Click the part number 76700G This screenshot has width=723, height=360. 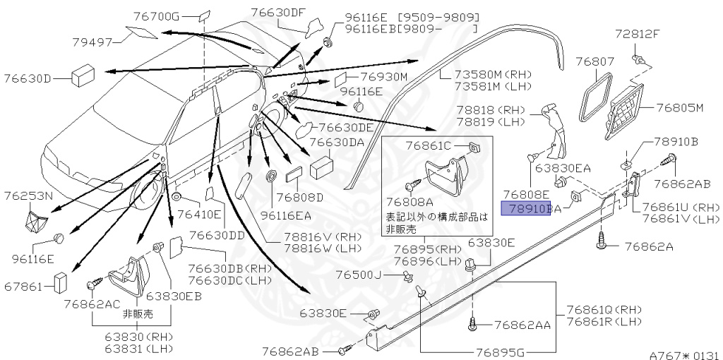click(156, 16)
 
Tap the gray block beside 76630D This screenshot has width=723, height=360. click(84, 76)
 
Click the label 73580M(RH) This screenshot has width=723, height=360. click(483, 73)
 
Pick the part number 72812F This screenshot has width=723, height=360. click(637, 33)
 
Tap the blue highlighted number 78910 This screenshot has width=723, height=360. click(525, 209)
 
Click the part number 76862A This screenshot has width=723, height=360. click(649, 246)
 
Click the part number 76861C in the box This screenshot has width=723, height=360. click(427, 145)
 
